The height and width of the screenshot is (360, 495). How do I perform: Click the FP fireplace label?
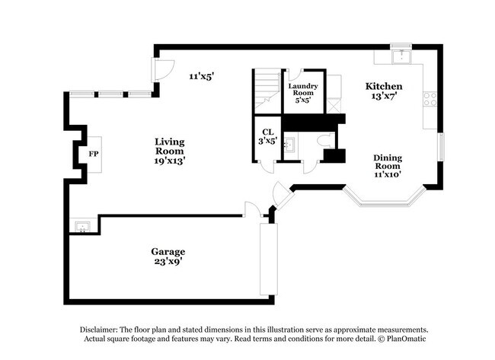(x=94, y=154)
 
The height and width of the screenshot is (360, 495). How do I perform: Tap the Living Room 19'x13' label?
(x=169, y=151)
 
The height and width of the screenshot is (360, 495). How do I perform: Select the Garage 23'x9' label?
(x=168, y=256)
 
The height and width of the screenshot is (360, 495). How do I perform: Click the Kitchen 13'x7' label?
(x=386, y=91)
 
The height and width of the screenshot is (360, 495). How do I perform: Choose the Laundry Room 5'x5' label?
(x=303, y=91)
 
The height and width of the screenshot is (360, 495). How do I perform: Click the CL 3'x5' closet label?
(x=267, y=135)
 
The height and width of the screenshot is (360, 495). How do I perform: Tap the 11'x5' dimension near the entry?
(x=202, y=76)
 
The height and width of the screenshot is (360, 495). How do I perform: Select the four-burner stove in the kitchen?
(x=430, y=98)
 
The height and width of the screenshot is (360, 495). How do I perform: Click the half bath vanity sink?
(x=289, y=143)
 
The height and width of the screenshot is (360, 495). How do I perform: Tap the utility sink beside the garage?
(x=80, y=225)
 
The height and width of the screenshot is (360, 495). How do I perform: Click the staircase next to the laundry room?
(x=267, y=88)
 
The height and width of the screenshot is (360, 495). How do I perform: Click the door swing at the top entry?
(x=161, y=71)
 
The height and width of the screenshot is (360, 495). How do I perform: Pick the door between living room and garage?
(x=252, y=209)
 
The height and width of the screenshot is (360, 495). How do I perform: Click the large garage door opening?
(x=268, y=259)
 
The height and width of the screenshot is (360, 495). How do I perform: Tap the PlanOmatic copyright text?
(x=404, y=338)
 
